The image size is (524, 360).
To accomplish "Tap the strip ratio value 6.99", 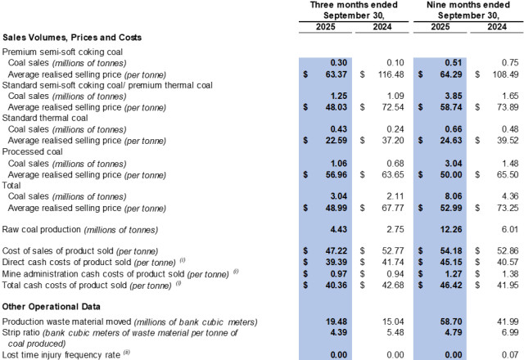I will (502, 334).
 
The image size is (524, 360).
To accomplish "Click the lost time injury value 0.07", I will (502, 354).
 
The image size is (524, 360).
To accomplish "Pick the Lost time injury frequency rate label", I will (62, 354).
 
